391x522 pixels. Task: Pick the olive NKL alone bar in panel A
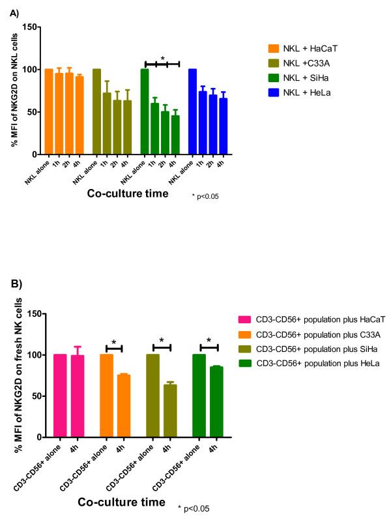pos(97,111)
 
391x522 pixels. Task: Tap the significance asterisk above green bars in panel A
pos(162,58)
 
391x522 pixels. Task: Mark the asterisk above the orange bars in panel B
pos(114,343)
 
